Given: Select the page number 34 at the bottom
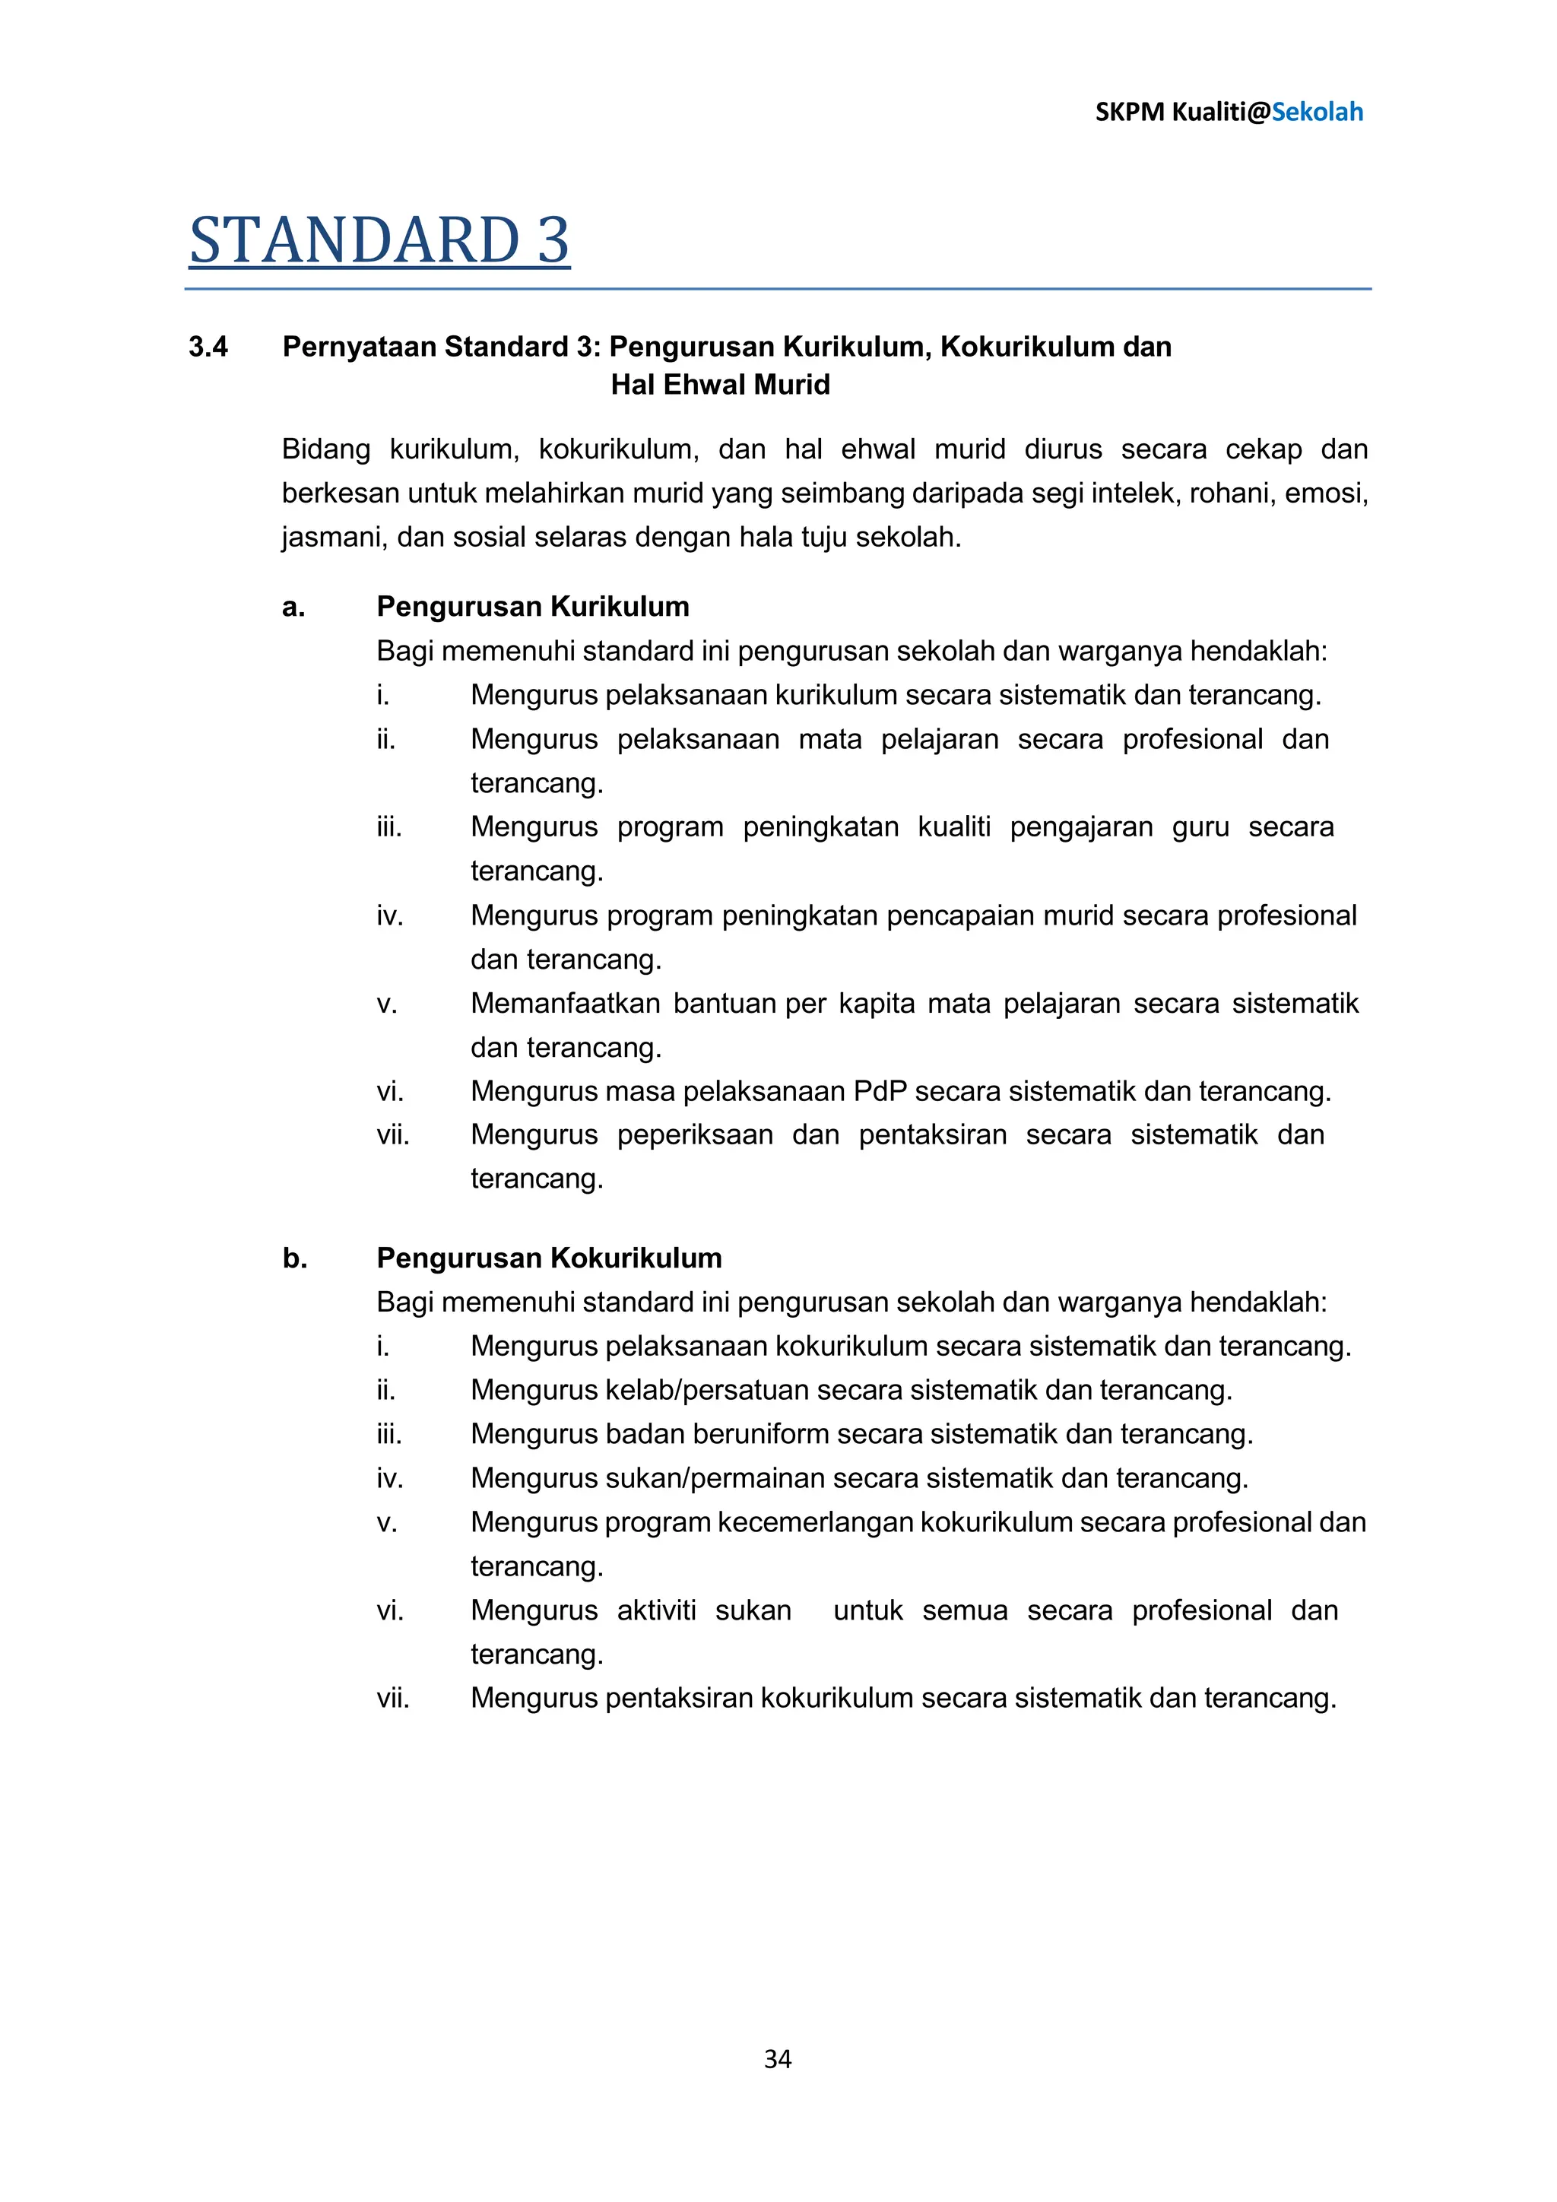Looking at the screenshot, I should (x=778, y=2058).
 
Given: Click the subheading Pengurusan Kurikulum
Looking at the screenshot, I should (x=532, y=606).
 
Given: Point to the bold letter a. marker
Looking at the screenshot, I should (x=293, y=606).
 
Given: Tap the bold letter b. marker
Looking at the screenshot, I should (x=294, y=1258).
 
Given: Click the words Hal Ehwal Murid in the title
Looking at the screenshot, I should (x=720, y=385).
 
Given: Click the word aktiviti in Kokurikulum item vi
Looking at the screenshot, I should (x=656, y=1610).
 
